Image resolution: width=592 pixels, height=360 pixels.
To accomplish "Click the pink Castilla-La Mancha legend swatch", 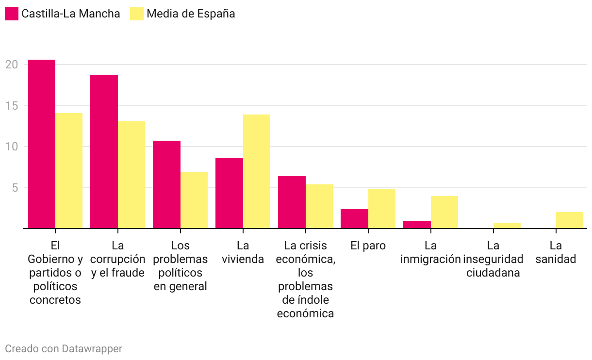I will (x=11, y=14).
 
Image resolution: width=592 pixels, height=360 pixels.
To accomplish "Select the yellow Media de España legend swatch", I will (x=137, y=14).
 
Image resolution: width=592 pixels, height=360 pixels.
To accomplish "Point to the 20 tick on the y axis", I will (x=12, y=65).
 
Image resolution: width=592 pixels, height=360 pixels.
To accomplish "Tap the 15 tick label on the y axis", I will (x=12, y=106).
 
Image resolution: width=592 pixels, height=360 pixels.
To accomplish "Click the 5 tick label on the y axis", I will (x=15, y=188).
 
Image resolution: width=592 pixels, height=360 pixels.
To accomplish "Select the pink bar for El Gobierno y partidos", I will (x=42, y=144).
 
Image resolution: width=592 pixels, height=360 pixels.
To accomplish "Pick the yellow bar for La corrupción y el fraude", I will (x=132, y=175).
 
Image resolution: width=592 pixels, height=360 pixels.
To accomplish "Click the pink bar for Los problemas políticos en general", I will (x=166, y=184).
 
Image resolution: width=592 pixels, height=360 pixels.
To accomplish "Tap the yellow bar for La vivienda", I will (x=257, y=171).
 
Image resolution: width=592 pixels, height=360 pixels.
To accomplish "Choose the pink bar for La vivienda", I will (x=229, y=193).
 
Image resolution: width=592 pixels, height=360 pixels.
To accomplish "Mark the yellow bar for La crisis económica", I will (x=319, y=206).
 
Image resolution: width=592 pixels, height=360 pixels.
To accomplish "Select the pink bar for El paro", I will (x=354, y=218).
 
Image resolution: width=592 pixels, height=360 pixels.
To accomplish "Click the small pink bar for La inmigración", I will (x=417, y=225).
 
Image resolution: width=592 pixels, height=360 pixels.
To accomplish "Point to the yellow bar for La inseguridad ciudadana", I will (x=507, y=225).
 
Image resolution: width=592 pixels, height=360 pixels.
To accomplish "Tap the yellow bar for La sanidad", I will (x=570, y=220).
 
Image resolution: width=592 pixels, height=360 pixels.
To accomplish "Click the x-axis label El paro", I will (x=368, y=245).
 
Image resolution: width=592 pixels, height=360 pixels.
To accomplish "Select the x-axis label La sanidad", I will (x=556, y=252).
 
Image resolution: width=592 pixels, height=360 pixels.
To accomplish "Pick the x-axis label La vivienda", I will (x=243, y=252).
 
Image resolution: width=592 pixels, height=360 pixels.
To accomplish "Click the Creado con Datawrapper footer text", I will (x=64, y=348).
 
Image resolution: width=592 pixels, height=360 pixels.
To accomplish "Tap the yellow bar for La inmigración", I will (x=444, y=212).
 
